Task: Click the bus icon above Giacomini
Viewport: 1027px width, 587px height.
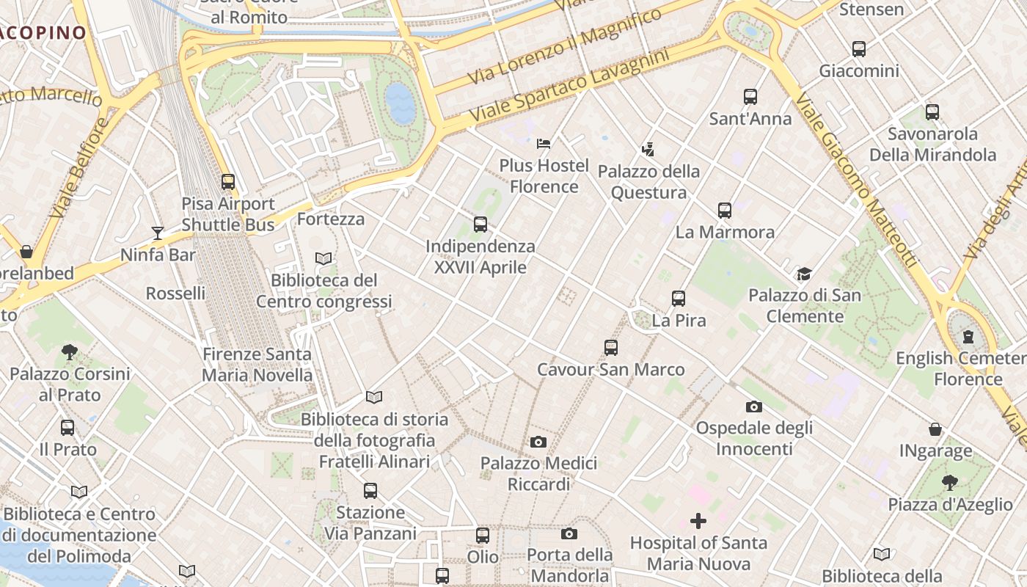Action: point(859,49)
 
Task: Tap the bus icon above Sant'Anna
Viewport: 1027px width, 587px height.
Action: point(750,97)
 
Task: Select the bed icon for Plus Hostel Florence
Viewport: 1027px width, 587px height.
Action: point(544,143)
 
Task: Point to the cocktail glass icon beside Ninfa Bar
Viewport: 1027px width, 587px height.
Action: point(158,233)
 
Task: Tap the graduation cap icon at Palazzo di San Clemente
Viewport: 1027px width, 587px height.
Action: point(804,274)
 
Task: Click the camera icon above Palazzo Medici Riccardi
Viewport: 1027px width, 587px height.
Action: point(538,442)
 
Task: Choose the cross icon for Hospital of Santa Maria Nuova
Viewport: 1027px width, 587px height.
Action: point(698,521)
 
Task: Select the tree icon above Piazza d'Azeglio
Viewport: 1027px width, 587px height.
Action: point(950,483)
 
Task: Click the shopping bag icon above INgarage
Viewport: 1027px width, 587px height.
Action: point(935,429)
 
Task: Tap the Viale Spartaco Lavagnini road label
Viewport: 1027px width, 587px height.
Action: point(569,86)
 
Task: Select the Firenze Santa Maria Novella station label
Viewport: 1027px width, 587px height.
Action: point(257,365)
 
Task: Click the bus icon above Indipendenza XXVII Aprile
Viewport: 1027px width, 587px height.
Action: point(480,225)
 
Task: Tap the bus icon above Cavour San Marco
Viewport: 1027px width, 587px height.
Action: point(611,348)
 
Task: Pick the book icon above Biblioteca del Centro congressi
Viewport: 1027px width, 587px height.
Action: point(324,258)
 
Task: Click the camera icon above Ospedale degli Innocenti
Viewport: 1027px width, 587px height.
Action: point(754,406)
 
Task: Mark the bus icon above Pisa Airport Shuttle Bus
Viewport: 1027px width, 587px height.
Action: point(228,182)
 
